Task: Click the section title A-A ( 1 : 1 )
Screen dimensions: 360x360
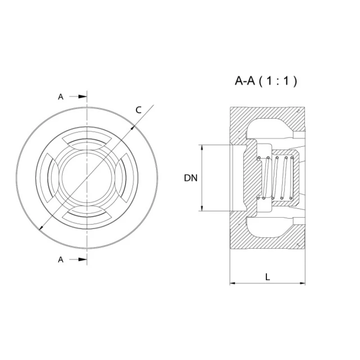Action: (266, 81)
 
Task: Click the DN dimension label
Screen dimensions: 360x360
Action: (191, 178)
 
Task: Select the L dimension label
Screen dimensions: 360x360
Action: (267, 277)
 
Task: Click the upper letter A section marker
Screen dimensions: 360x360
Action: (61, 96)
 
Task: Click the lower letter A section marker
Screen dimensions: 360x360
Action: (61, 259)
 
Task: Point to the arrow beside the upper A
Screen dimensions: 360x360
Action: (79, 96)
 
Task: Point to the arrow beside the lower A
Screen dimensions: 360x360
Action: (79, 259)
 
